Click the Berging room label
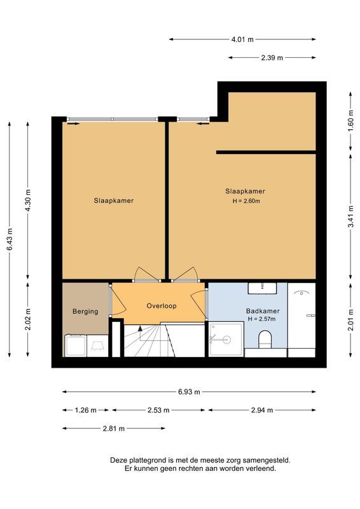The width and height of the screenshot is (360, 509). [x=85, y=311]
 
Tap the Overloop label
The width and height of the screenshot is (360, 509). [x=162, y=305]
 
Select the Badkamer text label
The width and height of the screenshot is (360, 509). [x=263, y=311]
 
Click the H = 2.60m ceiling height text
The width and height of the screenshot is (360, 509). [x=245, y=201]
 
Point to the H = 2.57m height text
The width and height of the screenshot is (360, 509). [x=263, y=319]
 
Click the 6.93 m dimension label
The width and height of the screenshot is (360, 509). [x=189, y=392]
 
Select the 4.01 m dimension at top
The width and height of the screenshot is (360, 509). [x=242, y=39]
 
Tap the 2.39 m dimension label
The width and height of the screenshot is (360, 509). [x=272, y=58]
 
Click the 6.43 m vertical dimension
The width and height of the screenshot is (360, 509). [x=10, y=239]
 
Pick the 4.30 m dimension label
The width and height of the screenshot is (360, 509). [x=28, y=200]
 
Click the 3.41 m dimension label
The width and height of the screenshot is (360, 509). [x=350, y=216]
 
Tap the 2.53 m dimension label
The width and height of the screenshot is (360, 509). [x=158, y=410]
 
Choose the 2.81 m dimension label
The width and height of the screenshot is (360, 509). [x=114, y=429]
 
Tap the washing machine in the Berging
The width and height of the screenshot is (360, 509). [x=76, y=345]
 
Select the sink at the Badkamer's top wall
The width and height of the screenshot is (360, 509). [x=263, y=288]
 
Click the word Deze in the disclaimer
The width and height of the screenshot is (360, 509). [x=120, y=459]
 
